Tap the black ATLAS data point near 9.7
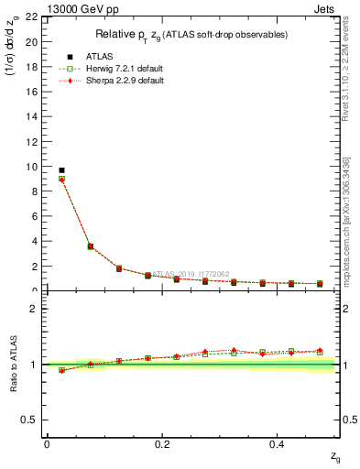point(61,170)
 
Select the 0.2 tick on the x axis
point(162,444)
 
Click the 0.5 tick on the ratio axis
point(32,420)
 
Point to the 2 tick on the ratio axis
point(35,309)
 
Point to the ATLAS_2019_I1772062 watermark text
point(192,274)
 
